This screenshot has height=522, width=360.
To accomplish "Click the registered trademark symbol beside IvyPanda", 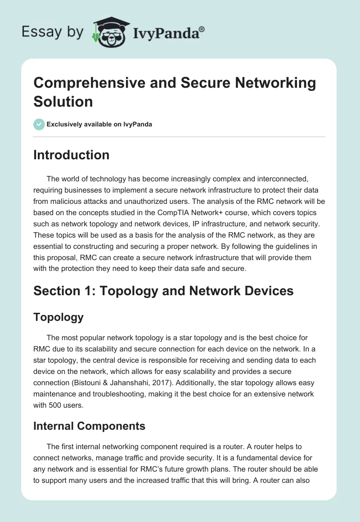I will point(202,29).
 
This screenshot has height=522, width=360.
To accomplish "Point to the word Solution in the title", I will point(63,101).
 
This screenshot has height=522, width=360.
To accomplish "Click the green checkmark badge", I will point(39,124).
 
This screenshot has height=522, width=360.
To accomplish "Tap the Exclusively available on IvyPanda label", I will point(99,124).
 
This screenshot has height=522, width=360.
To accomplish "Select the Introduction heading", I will point(71,155).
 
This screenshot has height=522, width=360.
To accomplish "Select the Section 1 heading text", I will point(163,291).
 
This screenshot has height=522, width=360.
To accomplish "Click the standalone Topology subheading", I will point(58,317).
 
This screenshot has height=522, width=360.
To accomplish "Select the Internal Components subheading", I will point(89,426).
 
